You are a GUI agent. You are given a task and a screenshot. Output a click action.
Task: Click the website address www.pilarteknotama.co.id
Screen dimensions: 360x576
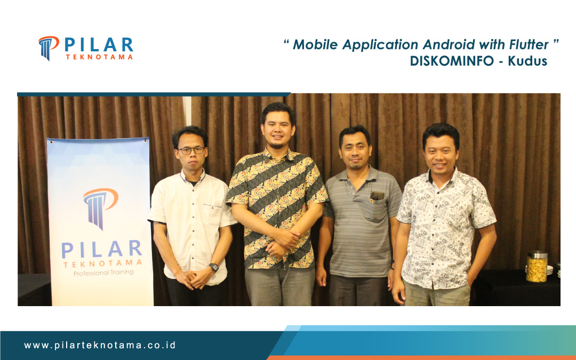point(100,345)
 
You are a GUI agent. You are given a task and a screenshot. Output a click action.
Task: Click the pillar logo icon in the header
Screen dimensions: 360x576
point(48,47)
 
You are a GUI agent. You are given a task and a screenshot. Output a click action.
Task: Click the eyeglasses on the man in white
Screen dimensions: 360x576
point(191,150)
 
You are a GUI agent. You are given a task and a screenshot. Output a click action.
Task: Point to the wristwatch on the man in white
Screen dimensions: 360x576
point(213,267)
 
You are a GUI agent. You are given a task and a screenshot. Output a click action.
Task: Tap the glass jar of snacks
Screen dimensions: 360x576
point(537,266)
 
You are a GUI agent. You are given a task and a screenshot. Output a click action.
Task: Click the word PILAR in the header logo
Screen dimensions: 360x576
point(99,44)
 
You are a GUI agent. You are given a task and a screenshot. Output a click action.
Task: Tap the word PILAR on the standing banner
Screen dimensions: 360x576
point(101,249)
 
